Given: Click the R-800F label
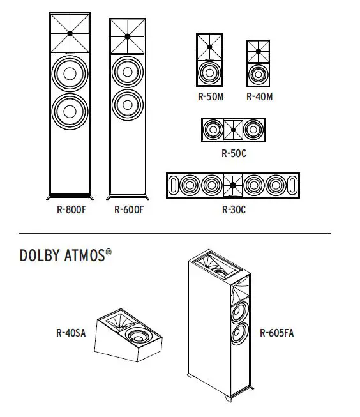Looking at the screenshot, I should pos(70,209).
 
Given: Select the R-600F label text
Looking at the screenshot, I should pos(129,209).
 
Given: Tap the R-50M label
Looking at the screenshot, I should pos(209,98).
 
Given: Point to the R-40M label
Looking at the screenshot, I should pos(259,98).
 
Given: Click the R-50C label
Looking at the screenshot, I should pos(233,153).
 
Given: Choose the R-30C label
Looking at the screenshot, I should pos(234,209).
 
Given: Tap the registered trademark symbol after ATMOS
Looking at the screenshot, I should pos(109,252).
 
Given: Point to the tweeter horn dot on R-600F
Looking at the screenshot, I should pos(128,36).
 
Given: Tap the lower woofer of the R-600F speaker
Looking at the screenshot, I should pos(128,102).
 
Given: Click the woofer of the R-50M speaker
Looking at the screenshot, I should pos(209,72).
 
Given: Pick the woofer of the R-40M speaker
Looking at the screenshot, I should pos(259,75).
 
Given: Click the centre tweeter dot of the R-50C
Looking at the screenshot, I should pos(234,130).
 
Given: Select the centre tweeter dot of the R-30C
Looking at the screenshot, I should pos(234,185).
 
